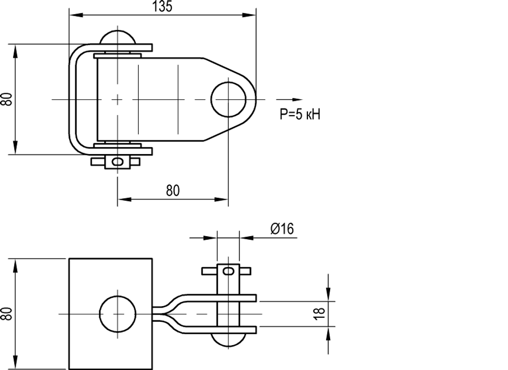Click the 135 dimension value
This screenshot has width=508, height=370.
163,7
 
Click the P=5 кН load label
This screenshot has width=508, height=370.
300,115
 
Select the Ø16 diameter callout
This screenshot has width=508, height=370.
282,229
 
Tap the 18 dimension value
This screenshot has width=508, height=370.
320,313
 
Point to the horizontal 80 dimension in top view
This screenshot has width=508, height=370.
173,191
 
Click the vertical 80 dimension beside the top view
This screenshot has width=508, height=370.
7,99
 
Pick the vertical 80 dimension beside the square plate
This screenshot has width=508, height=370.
7,314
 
